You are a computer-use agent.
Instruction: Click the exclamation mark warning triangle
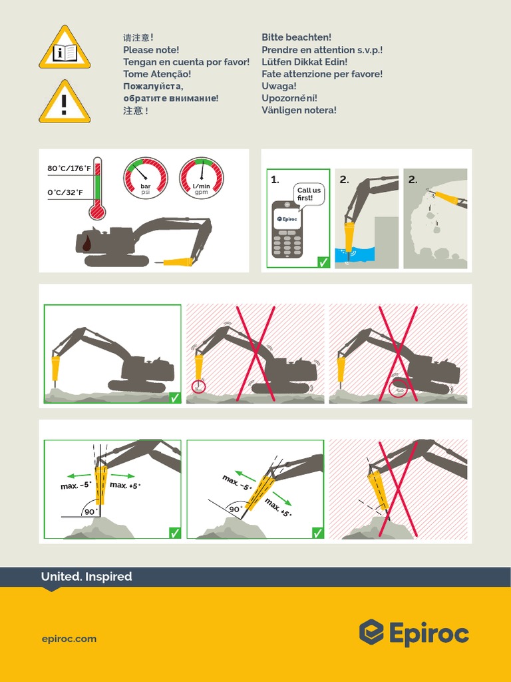click(64, 103)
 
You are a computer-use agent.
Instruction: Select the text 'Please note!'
click(151, 50)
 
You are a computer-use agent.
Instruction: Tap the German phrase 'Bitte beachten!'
click(296, 37)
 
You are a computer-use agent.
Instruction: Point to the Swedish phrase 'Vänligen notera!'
click(299, 110)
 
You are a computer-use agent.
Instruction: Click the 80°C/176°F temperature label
click(69, 169)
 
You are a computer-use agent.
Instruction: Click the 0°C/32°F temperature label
click(65, 192)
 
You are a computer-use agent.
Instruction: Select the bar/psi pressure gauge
click(145, 178)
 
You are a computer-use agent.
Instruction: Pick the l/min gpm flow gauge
click(201, 178)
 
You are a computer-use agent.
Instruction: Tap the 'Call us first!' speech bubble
click(309, 194)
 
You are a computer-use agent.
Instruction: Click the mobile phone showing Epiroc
click(287, 228)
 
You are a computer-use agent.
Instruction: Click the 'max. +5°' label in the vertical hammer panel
click(125, 486)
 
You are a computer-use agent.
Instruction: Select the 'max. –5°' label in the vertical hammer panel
click(75, 486)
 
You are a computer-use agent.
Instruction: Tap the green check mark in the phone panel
click(323, 262)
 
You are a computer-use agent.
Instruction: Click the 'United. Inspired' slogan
click(86, 577)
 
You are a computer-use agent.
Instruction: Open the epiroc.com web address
click(69, 639)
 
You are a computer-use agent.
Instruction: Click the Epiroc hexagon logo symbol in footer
click(371, 632)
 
